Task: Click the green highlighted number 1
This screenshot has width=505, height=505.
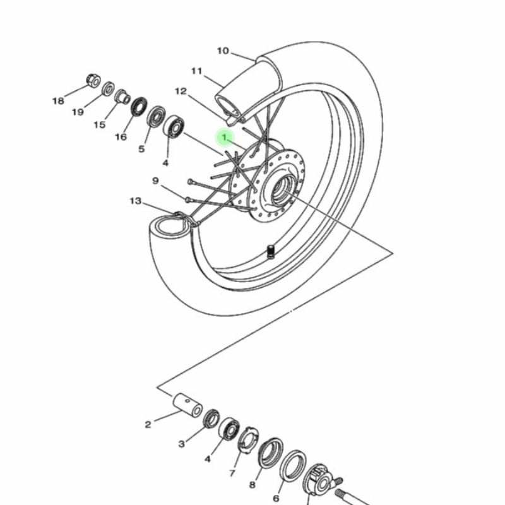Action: click(x=225, y=138)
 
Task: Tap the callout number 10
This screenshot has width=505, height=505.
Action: click(x=223, y=51)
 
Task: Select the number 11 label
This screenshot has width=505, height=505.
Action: click(x=196, y=71)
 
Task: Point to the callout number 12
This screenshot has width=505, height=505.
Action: click(x=181, y=92)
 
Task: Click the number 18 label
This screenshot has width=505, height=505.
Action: click(x=58, y=101)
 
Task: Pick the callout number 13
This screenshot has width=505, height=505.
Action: click(x=136, y=201)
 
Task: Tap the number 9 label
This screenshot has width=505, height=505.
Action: click(x=155, y=181)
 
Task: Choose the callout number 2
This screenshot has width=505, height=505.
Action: click(x=148, y=424)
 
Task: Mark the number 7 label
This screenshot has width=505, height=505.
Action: click(x=232, y=473)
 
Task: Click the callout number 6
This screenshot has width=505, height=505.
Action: click(x=276, y=498)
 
